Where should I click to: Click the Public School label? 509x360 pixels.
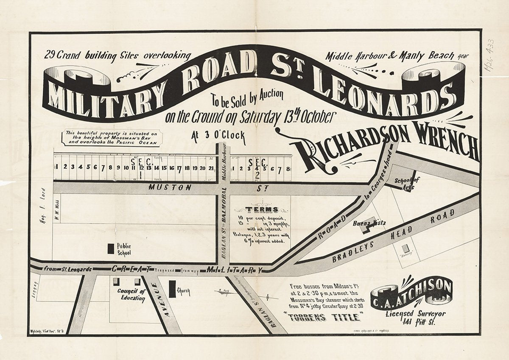[x=124, y=249]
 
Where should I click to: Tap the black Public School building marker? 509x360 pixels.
[x=111, y=248]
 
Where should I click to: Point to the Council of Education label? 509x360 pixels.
[x=131, y=295]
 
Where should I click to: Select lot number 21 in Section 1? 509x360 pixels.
[x=211, y=167]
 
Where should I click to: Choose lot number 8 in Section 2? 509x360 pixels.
[x=288, y=168]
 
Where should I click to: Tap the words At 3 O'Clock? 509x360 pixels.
[x=218, y=137]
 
